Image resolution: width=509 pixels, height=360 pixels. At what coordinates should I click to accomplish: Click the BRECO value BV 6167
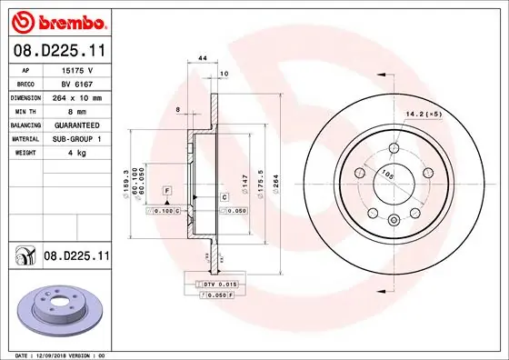click(76, 82)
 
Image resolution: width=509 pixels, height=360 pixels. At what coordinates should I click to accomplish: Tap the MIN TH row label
click(25, 110)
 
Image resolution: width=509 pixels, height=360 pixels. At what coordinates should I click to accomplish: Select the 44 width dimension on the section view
click(202, 58)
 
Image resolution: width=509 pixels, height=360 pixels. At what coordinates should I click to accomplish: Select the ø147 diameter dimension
click(244, 182)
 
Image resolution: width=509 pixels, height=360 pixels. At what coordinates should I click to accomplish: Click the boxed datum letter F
click(167, 189)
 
